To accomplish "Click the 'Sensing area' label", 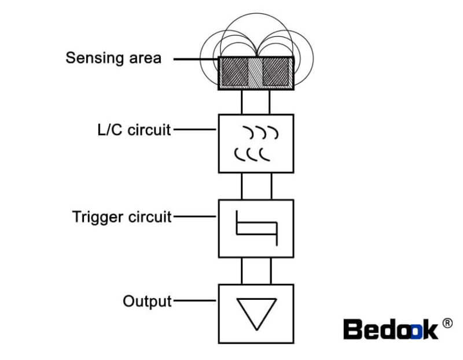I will click(x=113, y=58).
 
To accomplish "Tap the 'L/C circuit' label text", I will click(x=134, y=130).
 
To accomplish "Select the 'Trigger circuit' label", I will click(x=122, y=217).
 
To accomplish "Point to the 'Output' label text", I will click(x=147, y=302).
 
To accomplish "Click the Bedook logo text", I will click(x=391, y=329).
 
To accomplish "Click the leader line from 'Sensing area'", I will click(x=195, y=59).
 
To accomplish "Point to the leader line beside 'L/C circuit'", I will click(x=195, y=130).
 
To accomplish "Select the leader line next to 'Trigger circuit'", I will click(x=195, y=218).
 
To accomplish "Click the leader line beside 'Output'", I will click(x=195, y=301).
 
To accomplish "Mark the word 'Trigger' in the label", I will click(x=97, y=218).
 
